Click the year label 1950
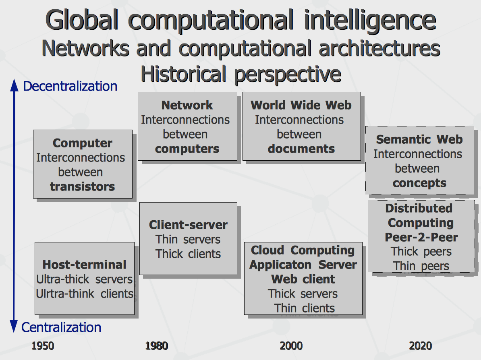click(43, 346)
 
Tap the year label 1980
click(156, 346)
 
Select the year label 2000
click(291, 346)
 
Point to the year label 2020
click(420, 346)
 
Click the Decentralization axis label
click(70, 86)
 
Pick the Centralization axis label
click(61, 327)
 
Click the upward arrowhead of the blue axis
click(14, 85)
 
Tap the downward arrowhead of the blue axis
click(14, 326)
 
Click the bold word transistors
click(82, 186)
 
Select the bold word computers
click(187, 149)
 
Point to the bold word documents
click(301, 149)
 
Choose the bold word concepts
click(419, 183)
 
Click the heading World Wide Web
click(301, 105)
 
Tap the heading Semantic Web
click(419, 139)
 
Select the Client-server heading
click(189, 225)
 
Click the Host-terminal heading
click(84, 265)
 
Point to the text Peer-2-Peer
click(421, 237)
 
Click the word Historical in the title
click(183, 74)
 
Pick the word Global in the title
click(82, 20)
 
